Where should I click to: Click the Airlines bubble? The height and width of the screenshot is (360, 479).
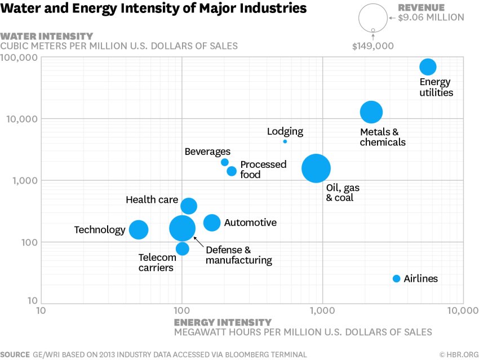pos(396,279)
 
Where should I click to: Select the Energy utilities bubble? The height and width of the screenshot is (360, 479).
pos(428,67)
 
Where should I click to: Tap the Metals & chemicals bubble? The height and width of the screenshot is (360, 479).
pos(371,112)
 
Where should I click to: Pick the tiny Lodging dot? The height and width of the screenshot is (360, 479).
pos(285,141)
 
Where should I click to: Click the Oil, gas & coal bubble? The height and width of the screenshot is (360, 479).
pos(316,168)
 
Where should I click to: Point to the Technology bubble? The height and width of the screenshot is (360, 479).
pos(139,230)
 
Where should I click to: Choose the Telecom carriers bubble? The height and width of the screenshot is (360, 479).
pos(182,248)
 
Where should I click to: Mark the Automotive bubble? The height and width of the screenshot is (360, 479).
pos(212,223)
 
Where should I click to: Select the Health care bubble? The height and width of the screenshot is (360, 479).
pos(189,206)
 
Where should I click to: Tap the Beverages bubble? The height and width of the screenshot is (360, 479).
pos(225,162)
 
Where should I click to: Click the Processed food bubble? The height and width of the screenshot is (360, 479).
pos(232,171)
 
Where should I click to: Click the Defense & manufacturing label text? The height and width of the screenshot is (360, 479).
pos(238,255)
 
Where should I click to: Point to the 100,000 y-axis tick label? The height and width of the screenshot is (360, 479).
pos(19,58)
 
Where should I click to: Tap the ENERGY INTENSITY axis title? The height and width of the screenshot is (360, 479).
pos(223,322)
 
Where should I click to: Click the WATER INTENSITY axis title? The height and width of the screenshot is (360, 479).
pos(47,36)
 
